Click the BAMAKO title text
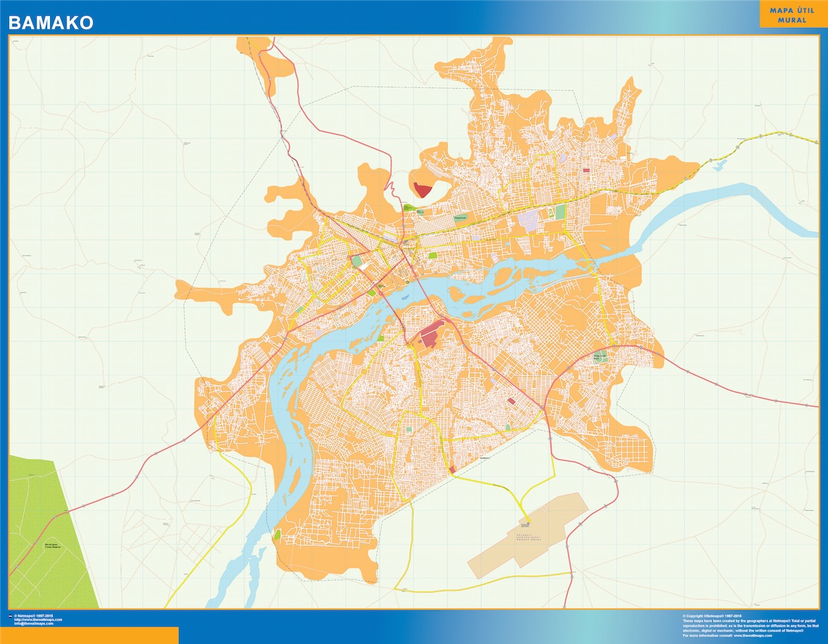pos(51,23)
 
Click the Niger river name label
pos(405,298)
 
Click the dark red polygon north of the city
pos(423,190)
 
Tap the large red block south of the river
pos(431,335)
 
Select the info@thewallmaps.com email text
pos(34,623)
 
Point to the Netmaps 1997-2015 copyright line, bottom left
pos(37,615)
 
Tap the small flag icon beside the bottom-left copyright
pos(10,615)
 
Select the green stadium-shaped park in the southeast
pos(599,357)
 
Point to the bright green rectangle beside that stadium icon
pos(561,212)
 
